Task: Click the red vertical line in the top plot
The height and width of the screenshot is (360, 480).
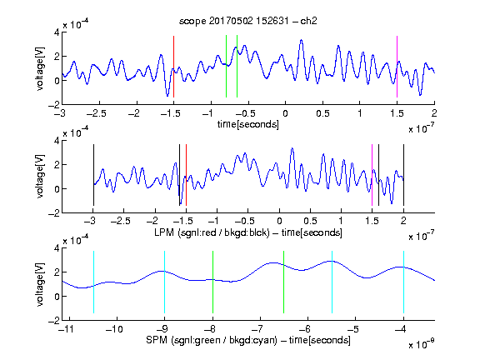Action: (173, 67)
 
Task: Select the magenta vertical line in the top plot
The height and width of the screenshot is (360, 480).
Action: (397, 67)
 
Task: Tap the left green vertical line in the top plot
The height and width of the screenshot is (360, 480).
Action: (226, 67)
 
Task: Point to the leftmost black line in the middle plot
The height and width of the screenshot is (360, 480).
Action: (93, 175)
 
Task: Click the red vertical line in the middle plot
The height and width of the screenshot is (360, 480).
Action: (186, 175)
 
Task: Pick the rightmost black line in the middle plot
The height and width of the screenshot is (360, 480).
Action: (403, 175)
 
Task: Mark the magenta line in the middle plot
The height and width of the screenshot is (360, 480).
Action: (372, 175)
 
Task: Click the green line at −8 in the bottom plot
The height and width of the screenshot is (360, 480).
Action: (212, 282)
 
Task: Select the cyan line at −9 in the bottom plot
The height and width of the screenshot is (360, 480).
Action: (164, 282)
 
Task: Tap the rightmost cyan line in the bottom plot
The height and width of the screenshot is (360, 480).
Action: (403, 282)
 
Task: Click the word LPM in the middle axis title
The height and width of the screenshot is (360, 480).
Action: (164, 232)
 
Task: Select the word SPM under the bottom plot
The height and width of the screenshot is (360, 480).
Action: (157, 340)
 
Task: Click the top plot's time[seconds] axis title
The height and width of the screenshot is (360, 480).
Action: (248, 124)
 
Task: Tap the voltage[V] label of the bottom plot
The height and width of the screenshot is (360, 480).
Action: (40, 284)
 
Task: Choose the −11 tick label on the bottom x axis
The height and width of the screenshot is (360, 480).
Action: (66, 329)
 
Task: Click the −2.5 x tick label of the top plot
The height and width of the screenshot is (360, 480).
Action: (96, 113)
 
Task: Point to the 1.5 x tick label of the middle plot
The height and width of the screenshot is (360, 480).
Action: (372, 221)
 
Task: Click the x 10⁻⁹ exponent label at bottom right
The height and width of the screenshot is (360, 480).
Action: (422, 343)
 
